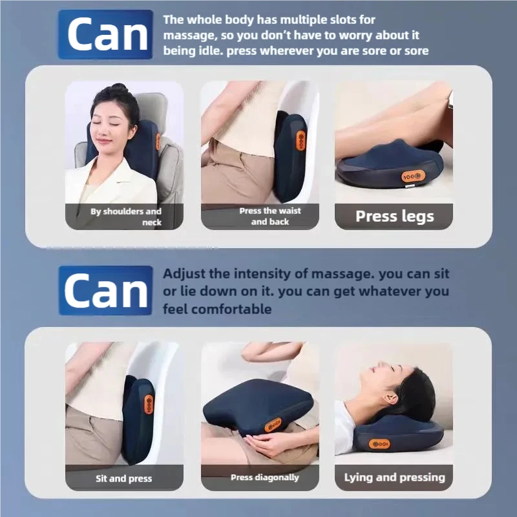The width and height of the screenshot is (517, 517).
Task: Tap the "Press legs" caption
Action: (x=394, y=216)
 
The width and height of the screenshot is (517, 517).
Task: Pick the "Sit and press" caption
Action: (x=124, y=478)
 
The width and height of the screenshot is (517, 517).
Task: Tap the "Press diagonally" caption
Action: (x=264, y=478)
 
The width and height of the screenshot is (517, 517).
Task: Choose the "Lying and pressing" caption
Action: (x=394, y=478)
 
